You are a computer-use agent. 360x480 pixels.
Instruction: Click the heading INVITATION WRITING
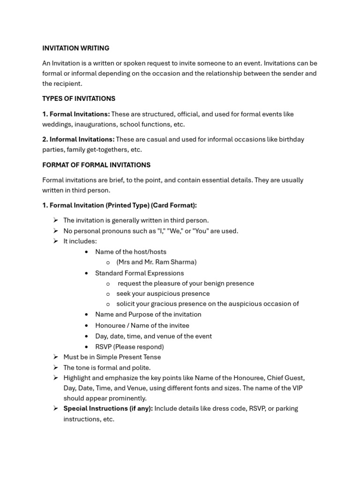click(x=75, y=48)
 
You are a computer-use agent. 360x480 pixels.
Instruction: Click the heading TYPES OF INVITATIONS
click(x=79, y=98)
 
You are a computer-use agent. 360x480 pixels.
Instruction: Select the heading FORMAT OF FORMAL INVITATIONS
click(x=96, y=165)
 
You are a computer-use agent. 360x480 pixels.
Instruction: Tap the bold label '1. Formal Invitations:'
click(x=76, y=114)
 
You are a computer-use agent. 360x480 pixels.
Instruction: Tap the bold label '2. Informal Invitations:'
click(x=78, y=139)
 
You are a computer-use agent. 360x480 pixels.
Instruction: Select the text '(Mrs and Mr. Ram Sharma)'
click(x=156, y=262)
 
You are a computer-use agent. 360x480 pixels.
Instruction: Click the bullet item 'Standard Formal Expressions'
click(x=139, y=273)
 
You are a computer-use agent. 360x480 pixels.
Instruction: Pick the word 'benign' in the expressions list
click(x=213, y=283)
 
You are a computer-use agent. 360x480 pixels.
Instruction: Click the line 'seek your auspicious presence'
click(x=163, y=293)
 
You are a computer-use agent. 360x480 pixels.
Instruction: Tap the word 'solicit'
click(x=127, y=304)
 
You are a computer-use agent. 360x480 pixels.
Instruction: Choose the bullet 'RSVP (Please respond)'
click(x=129, y=347)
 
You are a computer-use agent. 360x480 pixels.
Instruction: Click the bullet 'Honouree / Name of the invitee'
click(x=142, y=325)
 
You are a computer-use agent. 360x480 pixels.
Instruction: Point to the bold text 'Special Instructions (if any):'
click(x=108, y=408)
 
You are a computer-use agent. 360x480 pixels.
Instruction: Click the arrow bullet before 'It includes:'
click(x=55, y=241)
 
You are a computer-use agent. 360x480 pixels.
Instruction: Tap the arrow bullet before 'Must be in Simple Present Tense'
click(x=55, y=357)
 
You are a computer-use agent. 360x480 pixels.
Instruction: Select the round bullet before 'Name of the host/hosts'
click(x=87, y=252)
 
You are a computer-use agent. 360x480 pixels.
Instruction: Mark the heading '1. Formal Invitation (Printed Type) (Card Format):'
click(x=120, y=205)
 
